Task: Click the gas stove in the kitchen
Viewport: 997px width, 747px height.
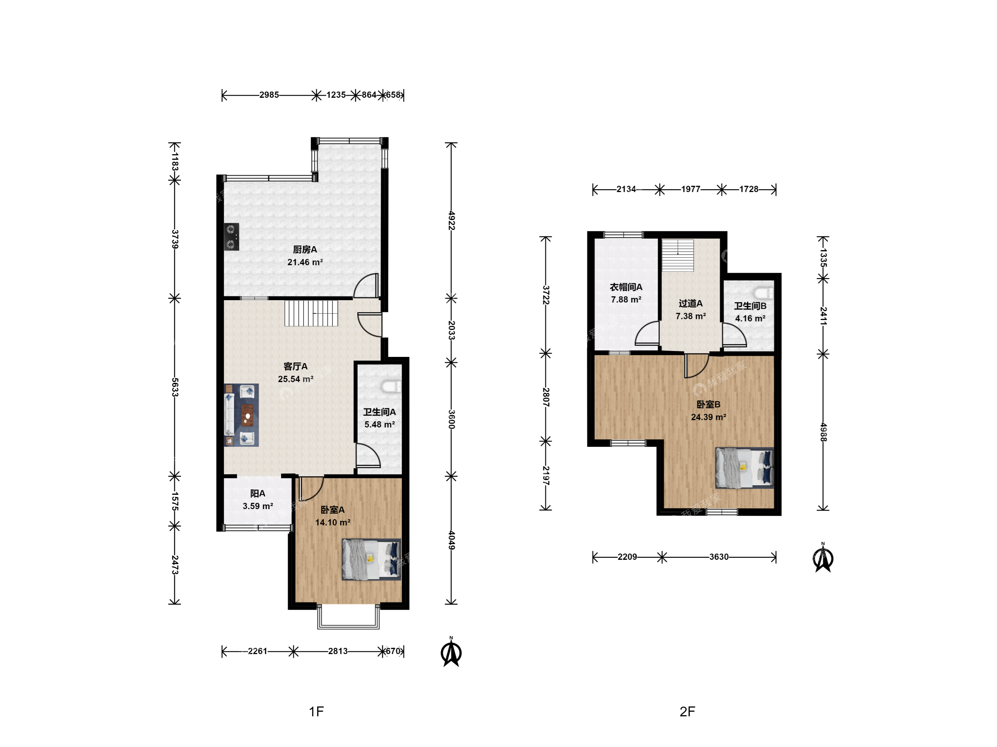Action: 232,237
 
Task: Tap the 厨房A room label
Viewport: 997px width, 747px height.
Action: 305,249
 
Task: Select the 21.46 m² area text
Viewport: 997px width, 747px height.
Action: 305,262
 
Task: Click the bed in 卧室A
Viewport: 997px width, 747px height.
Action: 371,559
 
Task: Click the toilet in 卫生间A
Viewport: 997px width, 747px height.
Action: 390,386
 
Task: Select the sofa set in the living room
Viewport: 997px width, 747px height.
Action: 242,415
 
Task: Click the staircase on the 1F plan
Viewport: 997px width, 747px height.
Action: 311,313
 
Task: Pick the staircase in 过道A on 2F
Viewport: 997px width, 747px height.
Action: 677,255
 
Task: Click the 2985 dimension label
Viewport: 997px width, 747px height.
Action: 269,95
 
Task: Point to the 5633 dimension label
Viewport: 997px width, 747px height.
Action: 175,387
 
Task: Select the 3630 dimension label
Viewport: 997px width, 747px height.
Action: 719,557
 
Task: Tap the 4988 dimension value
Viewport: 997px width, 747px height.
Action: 823,432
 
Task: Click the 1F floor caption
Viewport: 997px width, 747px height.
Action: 316,711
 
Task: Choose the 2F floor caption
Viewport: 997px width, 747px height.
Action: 688,711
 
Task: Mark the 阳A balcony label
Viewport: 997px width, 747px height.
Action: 258,494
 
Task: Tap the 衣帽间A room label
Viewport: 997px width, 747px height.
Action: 626,287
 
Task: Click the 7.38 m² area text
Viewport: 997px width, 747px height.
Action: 691,316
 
